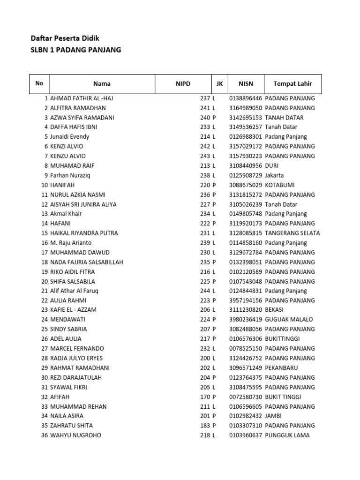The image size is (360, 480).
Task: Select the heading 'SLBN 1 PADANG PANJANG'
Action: [75, 50]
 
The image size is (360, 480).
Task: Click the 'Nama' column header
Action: [102, 84]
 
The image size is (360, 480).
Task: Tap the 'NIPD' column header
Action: [183, 84]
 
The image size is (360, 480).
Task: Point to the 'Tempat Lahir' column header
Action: [292, 84]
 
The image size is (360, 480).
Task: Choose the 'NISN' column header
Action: [246, 84]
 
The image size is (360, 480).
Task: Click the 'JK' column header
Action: [219, 84]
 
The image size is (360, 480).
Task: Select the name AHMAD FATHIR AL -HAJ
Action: [82, 98]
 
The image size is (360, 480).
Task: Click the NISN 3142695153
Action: [246, 118]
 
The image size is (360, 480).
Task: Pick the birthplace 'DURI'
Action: [272, 166]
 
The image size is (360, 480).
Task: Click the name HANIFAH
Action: [62, 185]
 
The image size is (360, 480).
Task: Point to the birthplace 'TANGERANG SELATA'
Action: [292, 233]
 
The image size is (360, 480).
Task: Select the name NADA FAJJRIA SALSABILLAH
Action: [87, 262]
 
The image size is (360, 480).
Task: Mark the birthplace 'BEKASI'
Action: [274, 310]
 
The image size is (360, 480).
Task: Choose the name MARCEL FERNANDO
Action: [77, 349]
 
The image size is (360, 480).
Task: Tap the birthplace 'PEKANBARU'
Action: [281, 368]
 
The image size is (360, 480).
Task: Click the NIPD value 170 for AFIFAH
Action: [205, 397]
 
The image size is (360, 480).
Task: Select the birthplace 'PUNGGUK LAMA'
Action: [287, 435]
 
